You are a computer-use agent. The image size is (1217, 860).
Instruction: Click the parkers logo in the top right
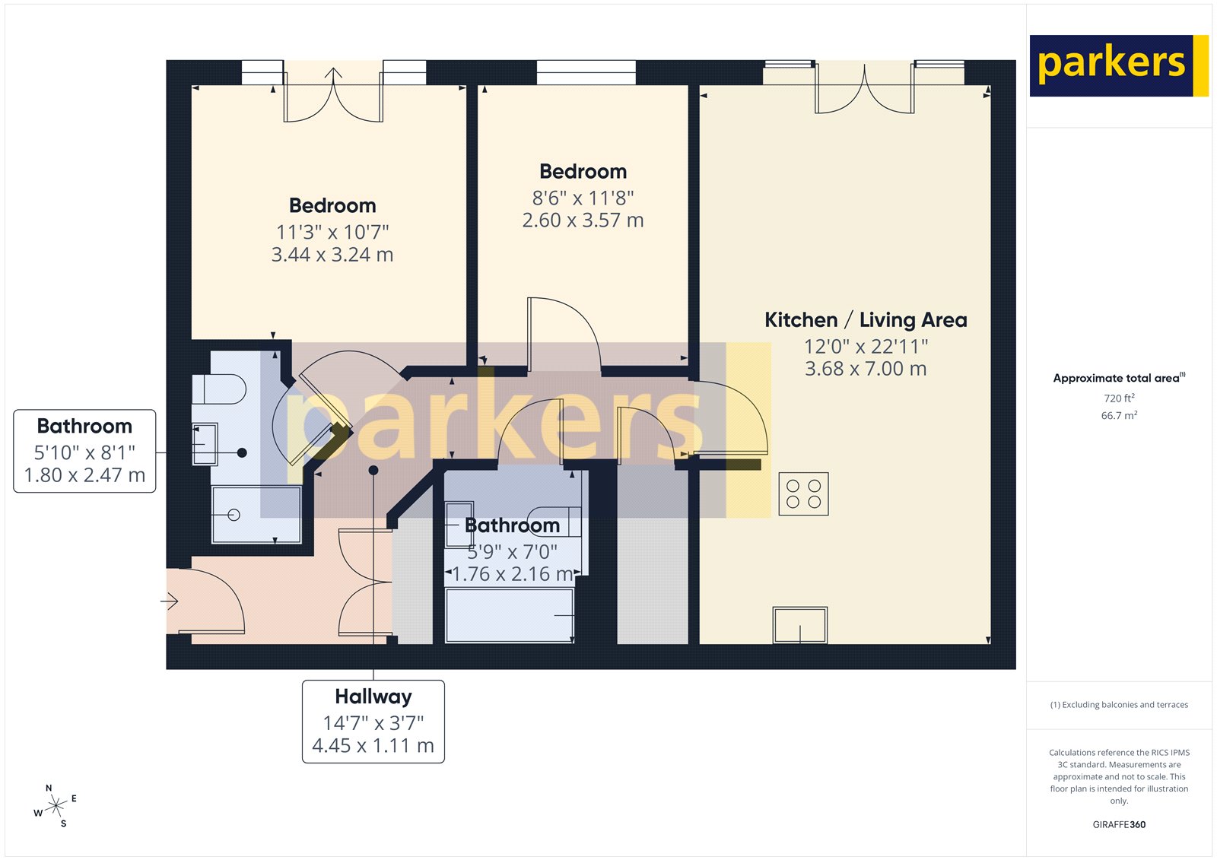click(x=1118, y=65)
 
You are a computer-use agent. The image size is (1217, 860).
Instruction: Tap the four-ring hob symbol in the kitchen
click(x=803, y=493)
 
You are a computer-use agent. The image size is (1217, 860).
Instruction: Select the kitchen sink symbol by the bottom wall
click(x=799, y=624)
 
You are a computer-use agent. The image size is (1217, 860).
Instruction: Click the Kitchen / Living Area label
click(x=866, y=320)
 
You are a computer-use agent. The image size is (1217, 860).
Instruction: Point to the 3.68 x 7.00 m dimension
click(x=866, y=370)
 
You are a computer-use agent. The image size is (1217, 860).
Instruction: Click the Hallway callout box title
click(x=373, y=697)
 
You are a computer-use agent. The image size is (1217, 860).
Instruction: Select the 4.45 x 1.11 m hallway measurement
click(x=373, y=746)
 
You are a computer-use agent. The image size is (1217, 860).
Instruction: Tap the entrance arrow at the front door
click(x=169, y=601)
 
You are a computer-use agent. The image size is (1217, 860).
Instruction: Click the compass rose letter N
click(x=49, y=789)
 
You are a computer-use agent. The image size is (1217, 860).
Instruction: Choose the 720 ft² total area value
click(x=1119, y=398)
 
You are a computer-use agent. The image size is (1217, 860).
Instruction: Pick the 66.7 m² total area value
click(x=1119, y=415)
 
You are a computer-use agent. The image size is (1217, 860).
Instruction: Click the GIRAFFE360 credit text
click(x=1119, y=824)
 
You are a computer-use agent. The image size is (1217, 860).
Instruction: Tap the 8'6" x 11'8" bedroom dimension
click(x=583, y=198)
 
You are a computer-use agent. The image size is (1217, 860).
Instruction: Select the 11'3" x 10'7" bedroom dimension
click(x=332, y=232)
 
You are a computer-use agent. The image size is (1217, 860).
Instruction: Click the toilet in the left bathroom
click(x=221, y=389)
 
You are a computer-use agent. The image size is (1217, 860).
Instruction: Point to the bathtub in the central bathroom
click(x=510, y=614)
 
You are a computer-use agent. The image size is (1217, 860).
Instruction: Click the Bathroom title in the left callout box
click(x=84, y=426)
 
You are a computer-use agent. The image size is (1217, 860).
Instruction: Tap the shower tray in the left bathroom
click(x=256, y=515)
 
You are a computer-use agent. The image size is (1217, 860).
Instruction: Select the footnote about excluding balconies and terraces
click(x=1119, y=705)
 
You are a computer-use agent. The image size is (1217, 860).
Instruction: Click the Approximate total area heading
click(x=1117, y=378)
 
